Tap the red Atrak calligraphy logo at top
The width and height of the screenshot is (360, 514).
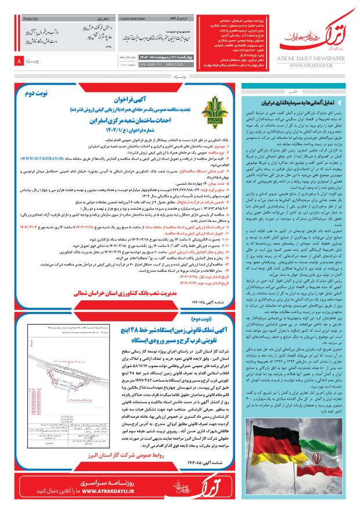click(x=314, y=38)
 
